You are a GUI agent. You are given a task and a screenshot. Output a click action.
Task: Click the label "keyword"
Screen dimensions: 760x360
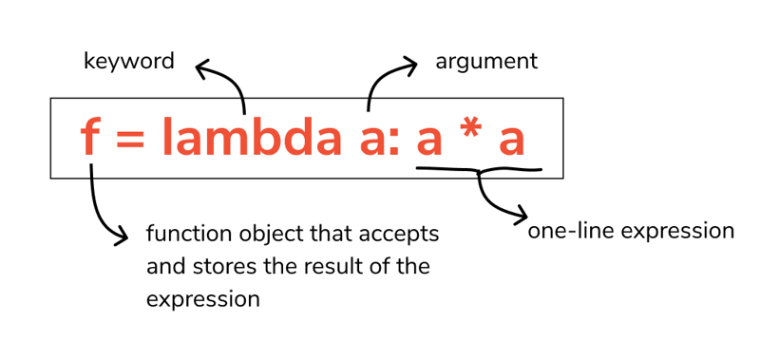coord(129,62)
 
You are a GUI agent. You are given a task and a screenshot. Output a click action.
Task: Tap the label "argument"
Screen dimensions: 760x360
coord(486,63)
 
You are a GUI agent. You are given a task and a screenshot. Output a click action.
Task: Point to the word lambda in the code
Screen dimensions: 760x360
coord(251,137)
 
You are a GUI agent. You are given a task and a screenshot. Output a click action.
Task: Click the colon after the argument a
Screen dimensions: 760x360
coord(393,142)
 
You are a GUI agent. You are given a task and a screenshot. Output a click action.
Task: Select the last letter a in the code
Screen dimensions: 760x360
coord(512,142)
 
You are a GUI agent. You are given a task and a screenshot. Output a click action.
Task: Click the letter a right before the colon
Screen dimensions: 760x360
coord(372,142)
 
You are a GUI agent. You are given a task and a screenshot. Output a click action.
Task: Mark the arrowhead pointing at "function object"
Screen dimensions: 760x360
coord(122,237)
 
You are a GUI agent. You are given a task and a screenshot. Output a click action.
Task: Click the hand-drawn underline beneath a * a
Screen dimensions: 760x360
coord(479,170)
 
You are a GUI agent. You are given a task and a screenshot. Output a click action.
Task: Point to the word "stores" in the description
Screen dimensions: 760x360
coord(219,267)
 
